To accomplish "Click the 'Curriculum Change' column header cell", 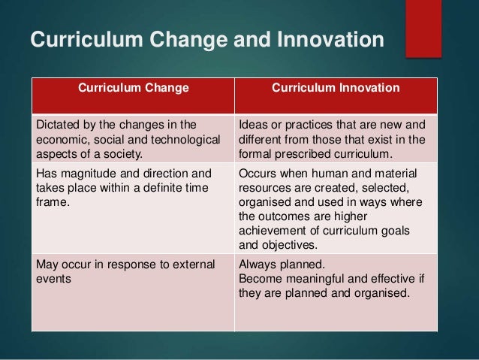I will (x=134, y=88).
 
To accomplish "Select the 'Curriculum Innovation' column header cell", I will (x=336, y=88).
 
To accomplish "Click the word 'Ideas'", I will (x=253, y=125).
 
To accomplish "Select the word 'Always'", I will (x=257, y=264).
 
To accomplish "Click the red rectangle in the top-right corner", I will (x=423, y=29).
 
